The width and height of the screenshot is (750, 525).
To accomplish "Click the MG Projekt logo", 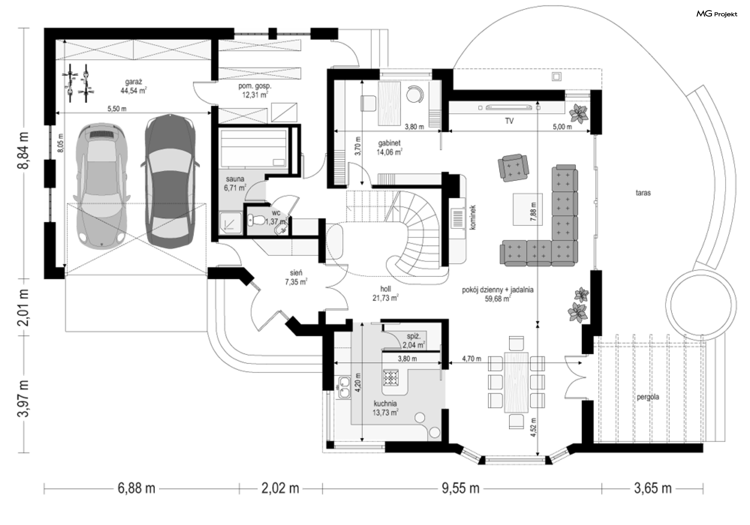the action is (x=717, y=14).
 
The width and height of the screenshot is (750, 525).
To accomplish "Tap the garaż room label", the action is (x=134, y=82).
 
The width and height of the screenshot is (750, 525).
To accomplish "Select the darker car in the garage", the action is (x=170, y=182).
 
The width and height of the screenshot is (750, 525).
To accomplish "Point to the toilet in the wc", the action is (x=256, y=221).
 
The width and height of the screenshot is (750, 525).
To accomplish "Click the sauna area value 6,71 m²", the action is (x=235, y=188).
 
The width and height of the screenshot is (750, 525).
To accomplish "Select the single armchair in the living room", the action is (x=513, y=167).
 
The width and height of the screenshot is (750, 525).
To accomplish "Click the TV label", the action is (x=509, y=121).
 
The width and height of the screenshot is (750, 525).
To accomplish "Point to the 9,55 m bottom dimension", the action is (x=461, y=488).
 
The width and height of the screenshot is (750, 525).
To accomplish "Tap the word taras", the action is (x=643, y=193).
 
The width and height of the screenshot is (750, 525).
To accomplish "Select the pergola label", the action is (x=648, y=397).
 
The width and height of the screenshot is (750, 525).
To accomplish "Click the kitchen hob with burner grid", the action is (x=391, y=377).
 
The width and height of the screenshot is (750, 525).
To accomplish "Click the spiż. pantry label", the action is (x=413, y=336).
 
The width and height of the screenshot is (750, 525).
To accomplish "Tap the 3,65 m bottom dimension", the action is (x=652, y=488).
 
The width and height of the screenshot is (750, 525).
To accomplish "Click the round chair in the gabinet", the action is (x=414, y=94).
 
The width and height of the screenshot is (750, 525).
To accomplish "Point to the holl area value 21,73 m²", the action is (x=385, y=298).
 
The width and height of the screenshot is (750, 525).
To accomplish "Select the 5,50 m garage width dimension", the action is (x=117, y=109).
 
